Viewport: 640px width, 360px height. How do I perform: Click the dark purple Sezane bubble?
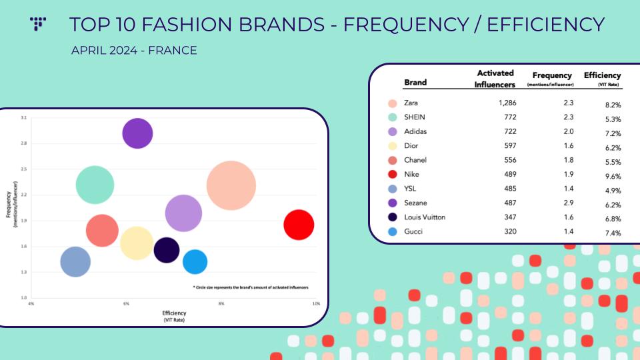point(137,133)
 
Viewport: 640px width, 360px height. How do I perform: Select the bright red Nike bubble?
point(299,225)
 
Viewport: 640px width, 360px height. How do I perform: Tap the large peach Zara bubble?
point(231,186)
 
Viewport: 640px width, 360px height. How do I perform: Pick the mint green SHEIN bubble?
point(95,185)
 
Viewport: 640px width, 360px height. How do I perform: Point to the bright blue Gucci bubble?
point(195,262)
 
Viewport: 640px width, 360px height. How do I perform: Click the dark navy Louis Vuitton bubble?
point(167,250)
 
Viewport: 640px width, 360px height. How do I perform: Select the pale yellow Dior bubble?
point(137,243)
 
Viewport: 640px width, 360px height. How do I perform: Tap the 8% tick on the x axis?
point(221,304)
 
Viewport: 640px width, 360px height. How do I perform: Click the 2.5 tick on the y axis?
point(24,169)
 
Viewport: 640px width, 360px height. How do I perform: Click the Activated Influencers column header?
point(495,79)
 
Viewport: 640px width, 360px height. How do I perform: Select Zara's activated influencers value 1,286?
point(507,103)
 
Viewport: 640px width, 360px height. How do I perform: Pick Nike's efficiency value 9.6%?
point(613,176)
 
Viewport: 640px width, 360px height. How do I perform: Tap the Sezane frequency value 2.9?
point(569,203)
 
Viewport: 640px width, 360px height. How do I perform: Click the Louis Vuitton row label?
point(425,217)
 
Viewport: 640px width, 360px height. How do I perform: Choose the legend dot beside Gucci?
point(392,232)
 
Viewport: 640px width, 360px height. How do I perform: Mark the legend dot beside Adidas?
point(392,132)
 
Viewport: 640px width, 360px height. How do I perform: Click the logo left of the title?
point(38,24)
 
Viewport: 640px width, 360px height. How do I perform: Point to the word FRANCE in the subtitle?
point(172,50)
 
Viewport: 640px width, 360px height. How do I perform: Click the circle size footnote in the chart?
point(251,287)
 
